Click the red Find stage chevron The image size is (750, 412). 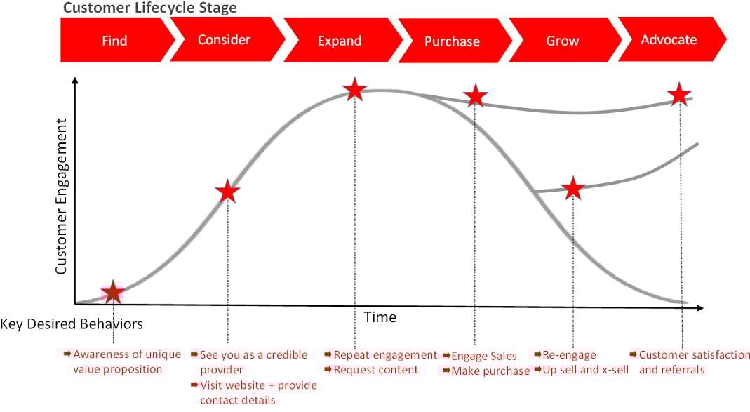(115, 40)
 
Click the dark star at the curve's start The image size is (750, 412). (113, 293)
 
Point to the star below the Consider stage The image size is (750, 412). (228, 192)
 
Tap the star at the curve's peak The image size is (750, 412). (355, 89)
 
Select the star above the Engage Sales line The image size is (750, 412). (475, 95)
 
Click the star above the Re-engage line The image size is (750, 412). (573, 188)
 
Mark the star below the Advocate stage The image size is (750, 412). (679, 94)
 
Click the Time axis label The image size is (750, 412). (380, 317)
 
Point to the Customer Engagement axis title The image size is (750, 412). (61, 197)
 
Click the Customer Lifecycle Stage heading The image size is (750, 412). (149, 8)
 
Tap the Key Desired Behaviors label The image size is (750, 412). (72, 324)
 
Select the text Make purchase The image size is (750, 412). (490, 371)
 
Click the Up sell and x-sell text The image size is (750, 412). (585, 370)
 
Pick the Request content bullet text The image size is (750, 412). (376, 370)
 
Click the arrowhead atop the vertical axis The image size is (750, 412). (74, 80)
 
